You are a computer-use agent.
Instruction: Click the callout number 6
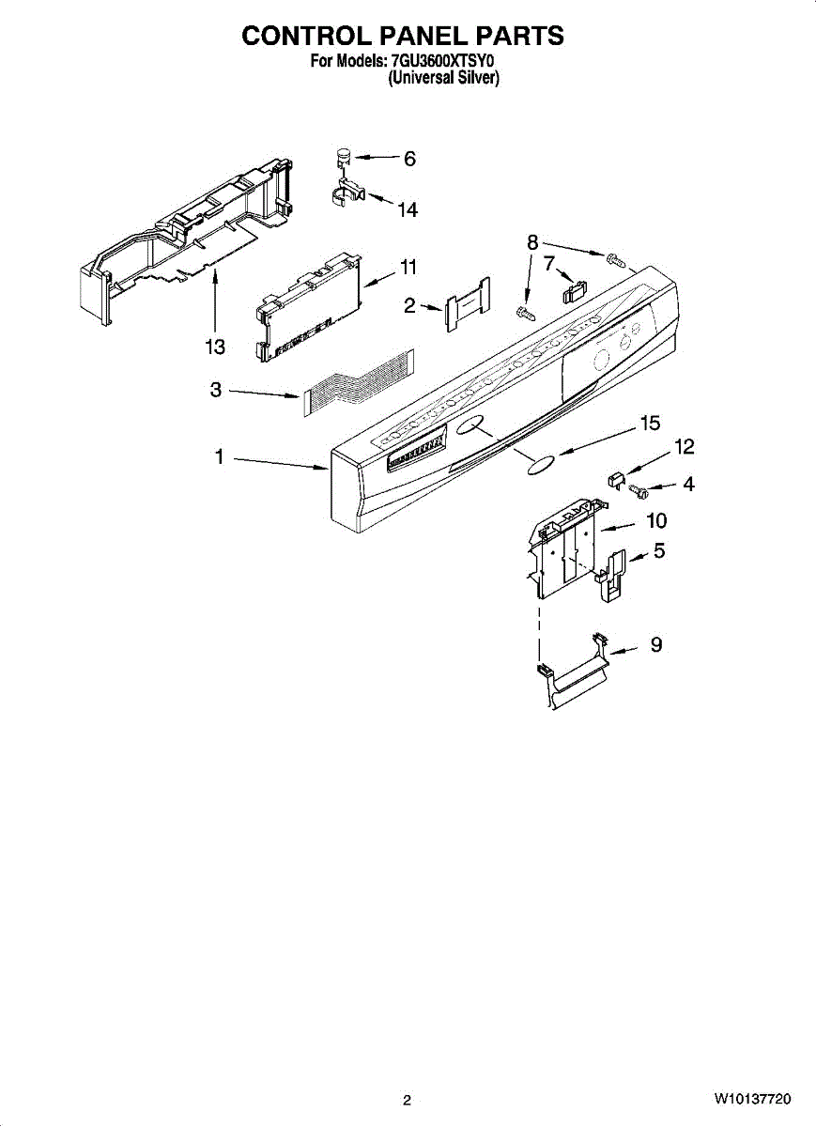tap(408, 160)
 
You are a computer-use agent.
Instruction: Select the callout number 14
tap(407, 210)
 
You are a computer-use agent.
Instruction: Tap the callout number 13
tap(215, 347)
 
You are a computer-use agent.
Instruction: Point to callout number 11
tap(407, 268)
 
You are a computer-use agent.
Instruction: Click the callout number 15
tap(650, 424)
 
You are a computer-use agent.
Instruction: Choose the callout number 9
tap(656, 644)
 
